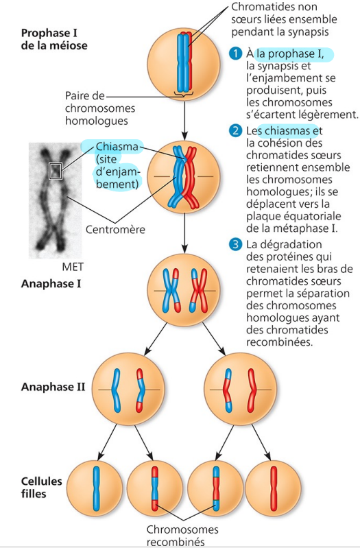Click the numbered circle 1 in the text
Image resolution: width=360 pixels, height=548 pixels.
(236, 53)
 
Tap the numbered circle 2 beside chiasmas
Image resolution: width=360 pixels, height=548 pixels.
(236, 131)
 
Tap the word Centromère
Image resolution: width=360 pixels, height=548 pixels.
(115, 229)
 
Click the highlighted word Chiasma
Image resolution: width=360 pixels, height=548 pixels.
(117, 146)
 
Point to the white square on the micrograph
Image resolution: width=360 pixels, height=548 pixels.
(55, 169)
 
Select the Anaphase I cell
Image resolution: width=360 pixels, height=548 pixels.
(184, 291)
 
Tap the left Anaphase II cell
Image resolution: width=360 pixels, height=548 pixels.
(128, 389)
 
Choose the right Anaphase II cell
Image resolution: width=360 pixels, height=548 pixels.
(241, 389)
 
